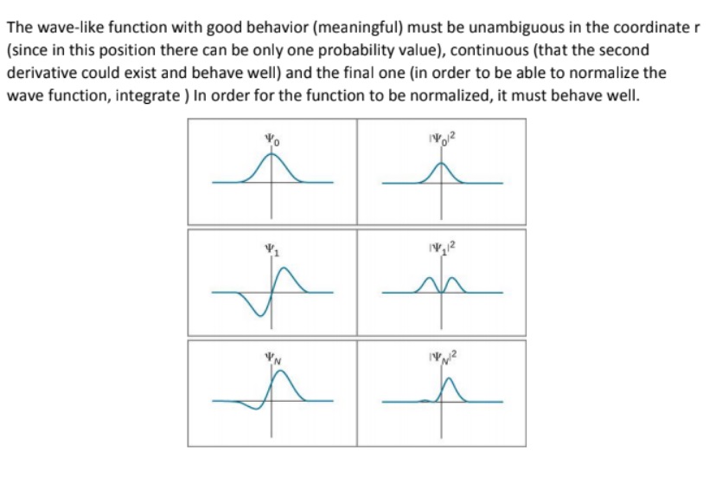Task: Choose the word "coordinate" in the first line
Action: coord(652,21)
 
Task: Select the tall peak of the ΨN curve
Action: coord(279,380)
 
